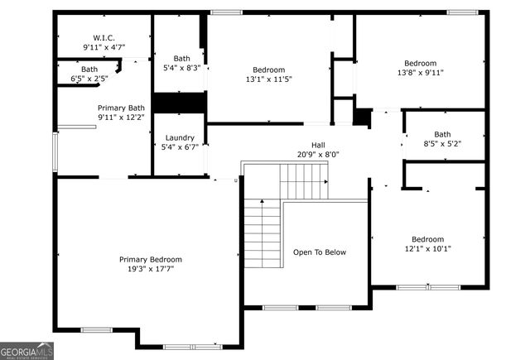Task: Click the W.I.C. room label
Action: (x=104, y=38)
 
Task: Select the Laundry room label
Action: (x=180, y=137)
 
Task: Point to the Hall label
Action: (x=318, y=145)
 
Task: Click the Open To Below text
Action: (x=320, y=252)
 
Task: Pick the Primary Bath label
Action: (x=121, y=108)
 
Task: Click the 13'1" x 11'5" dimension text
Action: (x=269, y=79)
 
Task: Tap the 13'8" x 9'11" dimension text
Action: (x=425, y=73)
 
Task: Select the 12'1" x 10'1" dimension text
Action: (x=428, y=248)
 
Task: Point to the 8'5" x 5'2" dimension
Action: (x=442, y=144)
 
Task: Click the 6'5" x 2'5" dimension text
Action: (x=89, y=79)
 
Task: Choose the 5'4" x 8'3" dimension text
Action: (x=181, y=68)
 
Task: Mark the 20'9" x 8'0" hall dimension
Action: (x=318, y=155)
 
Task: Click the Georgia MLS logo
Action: (x=26, y=350)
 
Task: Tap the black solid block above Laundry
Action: (x=179, y=103)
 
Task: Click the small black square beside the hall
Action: (x=362, y=117)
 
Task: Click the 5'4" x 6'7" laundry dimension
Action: (x=180, y=147)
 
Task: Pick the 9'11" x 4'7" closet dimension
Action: (x=104, y=48)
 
